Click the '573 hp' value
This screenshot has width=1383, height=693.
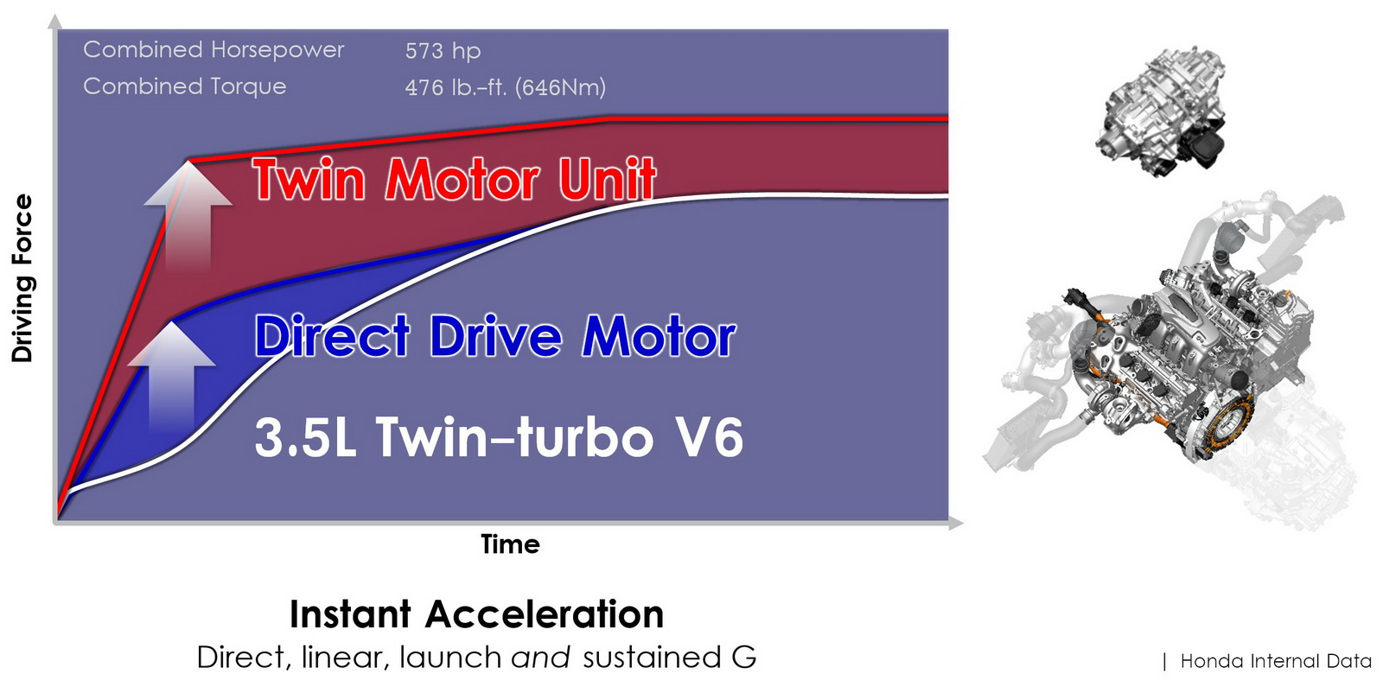pos(443,51)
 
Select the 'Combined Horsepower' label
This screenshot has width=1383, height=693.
pos(214,50)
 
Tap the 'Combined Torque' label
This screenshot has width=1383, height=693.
pos(184,86)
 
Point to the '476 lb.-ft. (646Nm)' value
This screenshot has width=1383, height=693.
pos(505,87)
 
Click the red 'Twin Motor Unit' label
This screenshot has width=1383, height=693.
pos(455,180)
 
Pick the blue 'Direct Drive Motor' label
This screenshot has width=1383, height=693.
pos(495,335)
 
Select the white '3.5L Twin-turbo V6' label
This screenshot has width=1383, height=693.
pos(499,437)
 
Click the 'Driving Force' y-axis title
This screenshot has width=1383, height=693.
pos(22,278)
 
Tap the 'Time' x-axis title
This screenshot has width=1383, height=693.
pos(510,544)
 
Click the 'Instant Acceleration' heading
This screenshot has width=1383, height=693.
pos(476,614)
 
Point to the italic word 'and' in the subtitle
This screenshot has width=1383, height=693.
pos(540,658)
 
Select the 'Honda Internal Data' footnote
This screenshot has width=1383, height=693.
pos(1276,661)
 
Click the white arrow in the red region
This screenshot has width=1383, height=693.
pos(188,215)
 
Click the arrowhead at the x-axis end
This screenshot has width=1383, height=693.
pos(956,523)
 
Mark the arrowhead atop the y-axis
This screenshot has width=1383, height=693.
pos(56,22)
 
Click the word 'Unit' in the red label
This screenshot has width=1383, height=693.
pos(607,180)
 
